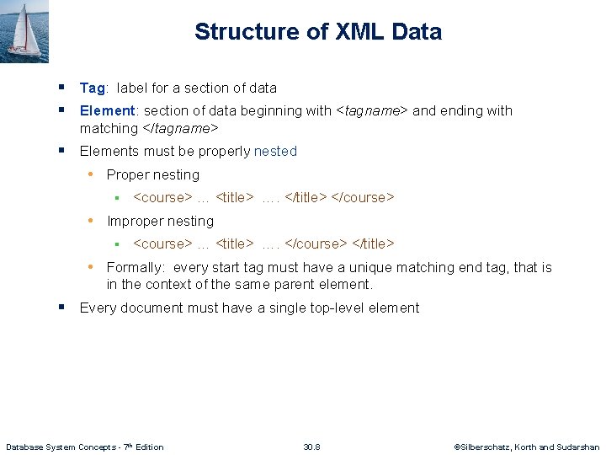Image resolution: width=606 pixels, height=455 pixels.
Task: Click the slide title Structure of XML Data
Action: (317, 32)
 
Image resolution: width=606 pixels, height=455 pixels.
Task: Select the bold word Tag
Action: (92, 88)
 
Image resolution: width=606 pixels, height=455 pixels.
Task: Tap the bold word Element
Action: (107, 110)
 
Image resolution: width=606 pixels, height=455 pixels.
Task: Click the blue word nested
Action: (275, 151)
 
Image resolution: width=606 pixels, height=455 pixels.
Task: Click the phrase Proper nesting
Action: (152, 174)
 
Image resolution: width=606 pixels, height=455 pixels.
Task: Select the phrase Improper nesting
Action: (160, 221)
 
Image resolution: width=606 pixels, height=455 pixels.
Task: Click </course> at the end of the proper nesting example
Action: (363, 197)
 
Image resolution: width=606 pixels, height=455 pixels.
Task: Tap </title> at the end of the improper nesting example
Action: (372, 244)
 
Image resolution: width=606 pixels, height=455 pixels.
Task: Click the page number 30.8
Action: (311, 447)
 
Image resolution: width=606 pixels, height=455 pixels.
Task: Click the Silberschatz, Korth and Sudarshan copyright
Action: (527, 447)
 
